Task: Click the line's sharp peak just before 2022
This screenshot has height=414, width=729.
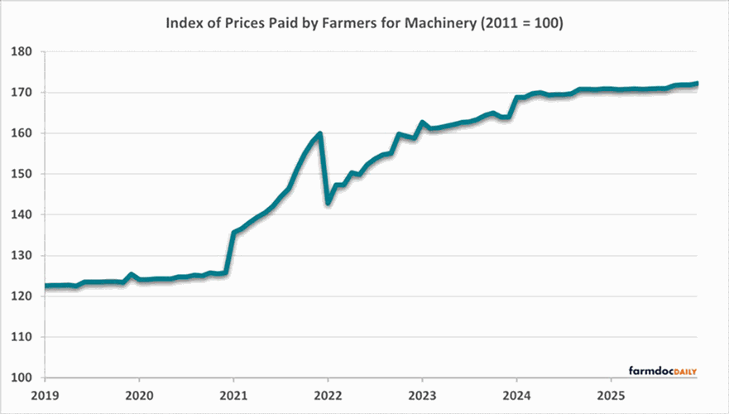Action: (x=319, y=132)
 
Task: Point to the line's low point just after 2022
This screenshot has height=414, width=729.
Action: (x=329, y=202)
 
